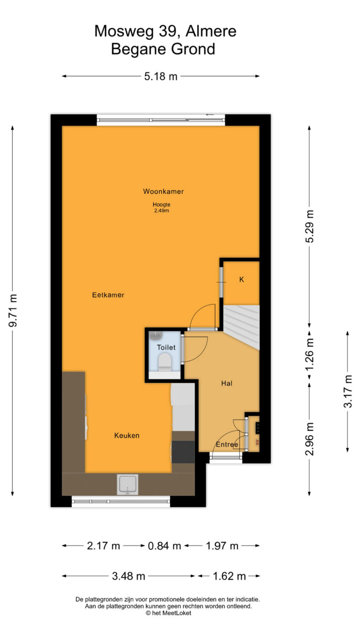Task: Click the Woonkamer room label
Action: pyautogui.click(x=163, y=192)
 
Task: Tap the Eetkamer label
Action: pyautogui.click(x=108, y=295)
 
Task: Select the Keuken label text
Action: pyautogui.click(x=127, y=435)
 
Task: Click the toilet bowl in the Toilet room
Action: pyautogui.click(x=164, y=362)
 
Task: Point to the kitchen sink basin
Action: pyautogui.click(x=127, y=484)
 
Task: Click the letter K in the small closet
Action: pyautogui.click(x=242, y=279)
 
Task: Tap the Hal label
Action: pyautogui.click(x=227, y=384)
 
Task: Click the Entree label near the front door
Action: pyautogui.click(x=227, y=444)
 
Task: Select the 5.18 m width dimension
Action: pyautogui.click(x=161, y=76)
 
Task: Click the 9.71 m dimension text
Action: pyautogui.click(x=13, y=310)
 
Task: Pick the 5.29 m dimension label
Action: pyautogui.click(x=309, y=226)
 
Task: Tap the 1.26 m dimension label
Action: pyautogui.click(x=309, y=354)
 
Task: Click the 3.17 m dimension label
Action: pyautogui.click(x=348, y=391)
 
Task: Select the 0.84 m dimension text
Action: pyautogui.click(x=164, y=546)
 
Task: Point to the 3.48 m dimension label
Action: pyautogui.click(x=128, y=576)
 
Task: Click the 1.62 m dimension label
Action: pyautogui.click(x=229, y=576)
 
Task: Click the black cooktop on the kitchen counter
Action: pyautogui.click(x=184, y=452)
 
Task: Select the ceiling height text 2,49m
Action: pyautogui.click(x=162, y=211)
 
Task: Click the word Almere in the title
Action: pyautogui.click(x=211, y=31)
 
